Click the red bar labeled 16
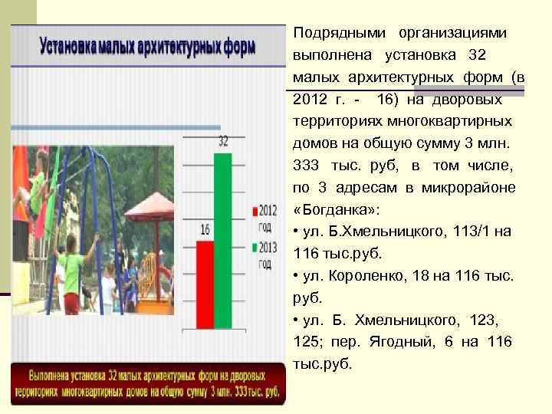205,284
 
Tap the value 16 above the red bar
205,229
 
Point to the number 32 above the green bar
223,142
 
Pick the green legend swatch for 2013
254,248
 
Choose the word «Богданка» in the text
331,209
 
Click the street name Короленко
359,275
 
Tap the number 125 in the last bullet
307,341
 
